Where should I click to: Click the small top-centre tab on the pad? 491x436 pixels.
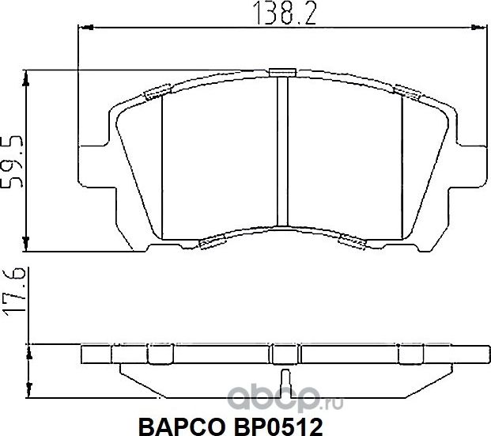(x=280, y=73)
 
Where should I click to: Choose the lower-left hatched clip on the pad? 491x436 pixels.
(x=214, y=242)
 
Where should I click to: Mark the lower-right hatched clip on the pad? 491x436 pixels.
(x=349, y=240)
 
